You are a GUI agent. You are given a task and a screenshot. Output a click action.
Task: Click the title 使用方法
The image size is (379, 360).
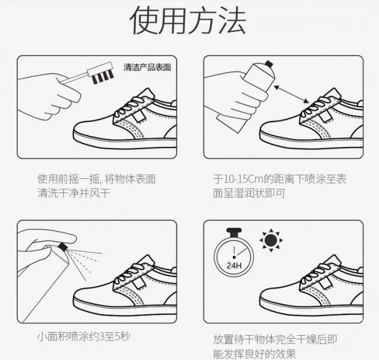click(188, 21)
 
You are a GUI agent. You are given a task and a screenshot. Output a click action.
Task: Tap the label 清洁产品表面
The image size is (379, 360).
click(147, 67)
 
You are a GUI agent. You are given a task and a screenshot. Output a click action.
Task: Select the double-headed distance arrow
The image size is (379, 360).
click(291, 94)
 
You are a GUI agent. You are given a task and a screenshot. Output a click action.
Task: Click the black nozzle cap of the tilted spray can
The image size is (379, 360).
click(269, 63)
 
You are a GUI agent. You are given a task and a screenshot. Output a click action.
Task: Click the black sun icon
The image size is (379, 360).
click(271, 240)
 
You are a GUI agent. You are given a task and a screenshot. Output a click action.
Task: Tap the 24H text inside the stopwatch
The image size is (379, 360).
click(234, 266)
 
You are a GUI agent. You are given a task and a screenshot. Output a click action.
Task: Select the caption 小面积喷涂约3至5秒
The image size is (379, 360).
click(84, 336)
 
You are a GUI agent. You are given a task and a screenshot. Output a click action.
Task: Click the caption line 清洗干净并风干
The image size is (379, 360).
click(73, 193)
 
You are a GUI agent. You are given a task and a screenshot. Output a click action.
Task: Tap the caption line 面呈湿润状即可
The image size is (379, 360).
click(249, 193)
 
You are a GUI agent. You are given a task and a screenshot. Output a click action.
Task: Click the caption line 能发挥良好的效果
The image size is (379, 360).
click(254, 353)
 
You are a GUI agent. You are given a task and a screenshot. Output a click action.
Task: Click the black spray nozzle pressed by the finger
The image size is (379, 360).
click(63, 246)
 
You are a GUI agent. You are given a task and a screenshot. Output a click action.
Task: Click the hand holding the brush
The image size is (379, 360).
click(49, 96)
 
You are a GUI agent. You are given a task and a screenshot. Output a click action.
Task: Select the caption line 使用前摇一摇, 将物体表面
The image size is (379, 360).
click(97, 179)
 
